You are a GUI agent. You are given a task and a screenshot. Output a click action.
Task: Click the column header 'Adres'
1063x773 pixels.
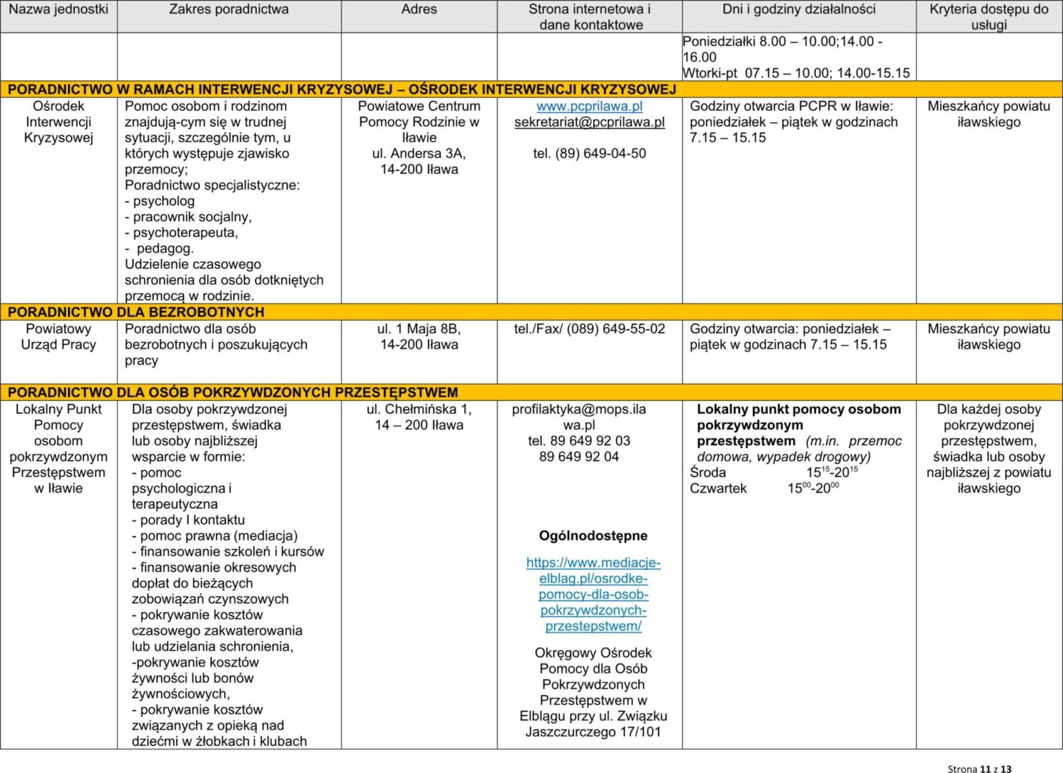tap(419, 9)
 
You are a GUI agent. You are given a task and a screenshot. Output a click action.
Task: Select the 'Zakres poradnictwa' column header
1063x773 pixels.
tap(229, 9)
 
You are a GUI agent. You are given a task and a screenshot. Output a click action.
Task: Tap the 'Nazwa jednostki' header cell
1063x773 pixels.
tap(59, 9)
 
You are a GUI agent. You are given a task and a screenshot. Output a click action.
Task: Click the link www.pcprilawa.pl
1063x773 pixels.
tap(589, 106)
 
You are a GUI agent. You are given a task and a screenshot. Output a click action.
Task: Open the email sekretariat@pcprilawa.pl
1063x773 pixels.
tap(589, 122)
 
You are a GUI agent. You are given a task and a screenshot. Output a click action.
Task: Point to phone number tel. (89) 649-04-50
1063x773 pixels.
tap(589, 153)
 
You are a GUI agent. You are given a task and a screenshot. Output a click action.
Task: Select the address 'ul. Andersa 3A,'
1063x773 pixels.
tap(419, 153)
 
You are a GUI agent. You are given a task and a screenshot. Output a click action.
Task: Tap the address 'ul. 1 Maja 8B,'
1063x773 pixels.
tap(419, 329)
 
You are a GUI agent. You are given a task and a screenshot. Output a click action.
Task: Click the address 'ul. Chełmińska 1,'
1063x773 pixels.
tap(419, 409)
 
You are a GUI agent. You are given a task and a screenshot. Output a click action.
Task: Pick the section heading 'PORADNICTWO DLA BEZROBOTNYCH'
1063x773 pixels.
tap(136, 312)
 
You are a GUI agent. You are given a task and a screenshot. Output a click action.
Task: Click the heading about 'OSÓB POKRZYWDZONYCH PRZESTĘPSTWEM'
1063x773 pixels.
tap(233, 392)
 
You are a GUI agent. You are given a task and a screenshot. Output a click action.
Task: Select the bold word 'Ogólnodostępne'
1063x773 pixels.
tap(593, 535)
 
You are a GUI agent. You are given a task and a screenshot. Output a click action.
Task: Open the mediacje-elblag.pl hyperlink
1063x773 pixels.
tap(593, 594)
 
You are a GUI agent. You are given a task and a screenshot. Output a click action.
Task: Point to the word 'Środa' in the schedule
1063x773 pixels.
tap(708, 472)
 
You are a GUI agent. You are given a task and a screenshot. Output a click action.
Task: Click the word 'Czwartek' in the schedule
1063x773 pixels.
tap(718, 488)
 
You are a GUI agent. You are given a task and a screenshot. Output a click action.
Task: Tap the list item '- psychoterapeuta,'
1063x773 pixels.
tap(181, 233)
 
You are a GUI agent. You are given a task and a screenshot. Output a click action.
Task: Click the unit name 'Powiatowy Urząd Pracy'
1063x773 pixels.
tap(59, 336)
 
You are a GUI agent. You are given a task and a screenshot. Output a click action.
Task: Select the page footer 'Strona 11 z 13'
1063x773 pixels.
tap(979, 769)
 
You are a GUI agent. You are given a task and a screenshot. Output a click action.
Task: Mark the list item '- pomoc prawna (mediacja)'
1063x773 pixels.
tap(214, 535)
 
